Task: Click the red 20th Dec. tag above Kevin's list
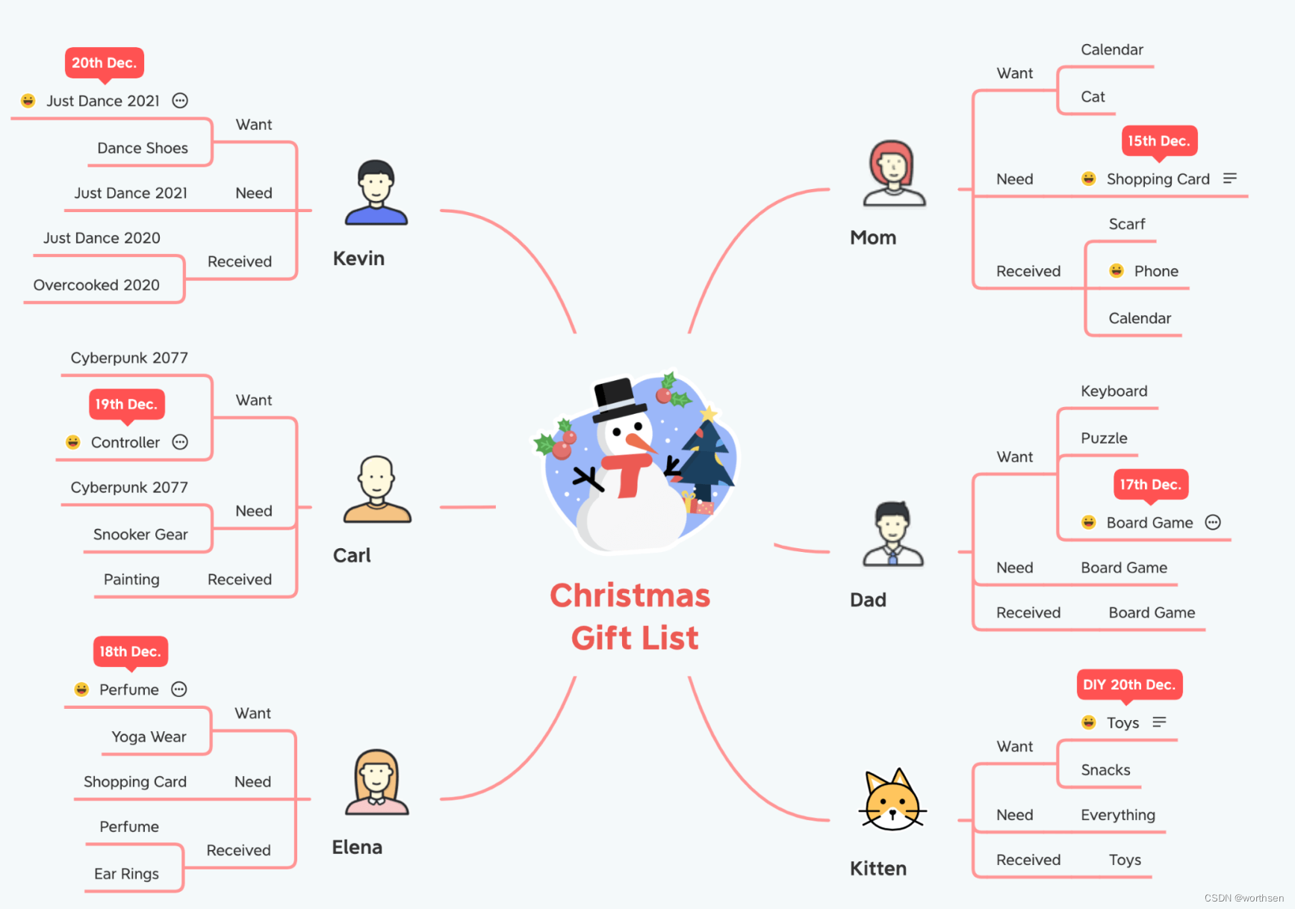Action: pyautogui.click(x=104, y=63)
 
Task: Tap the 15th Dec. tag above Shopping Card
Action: pyautogui.click(x=1158, y=140)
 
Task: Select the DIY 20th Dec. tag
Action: pyautogui.click(x=1128, y=684)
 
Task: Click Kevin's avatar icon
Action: pyautogui.click(x=376, y=193)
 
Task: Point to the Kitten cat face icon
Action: pyautogui.click(x=892, y=801)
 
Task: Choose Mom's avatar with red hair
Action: pyautogui.click(x=893, y=173)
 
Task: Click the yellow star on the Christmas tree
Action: pyautogui.click(x=708, y=413)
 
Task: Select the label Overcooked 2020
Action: pyautogui.click(x=96, y=285)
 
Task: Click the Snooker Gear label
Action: pyautogui.click(x=140, y=535)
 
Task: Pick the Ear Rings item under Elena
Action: pyautogui.click(x=126, y=874)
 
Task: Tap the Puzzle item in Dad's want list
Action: pyautogui.click(x=1104, y=438)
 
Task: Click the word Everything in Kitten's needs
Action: pyautogui.click(x=1117, y=815)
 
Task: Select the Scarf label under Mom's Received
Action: pyautogui.click(x=1126, y=224)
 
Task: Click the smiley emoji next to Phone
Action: pyautogui.click(x=1116, y=270)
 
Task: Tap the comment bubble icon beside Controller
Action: pyautogui.click(x=180, y=442)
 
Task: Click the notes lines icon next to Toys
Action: pyautogui.click(x=1159, y=722)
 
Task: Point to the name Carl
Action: pyautogui.click(x=352, y=556)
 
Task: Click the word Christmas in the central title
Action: pyautogui.click(x=630, y=596)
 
